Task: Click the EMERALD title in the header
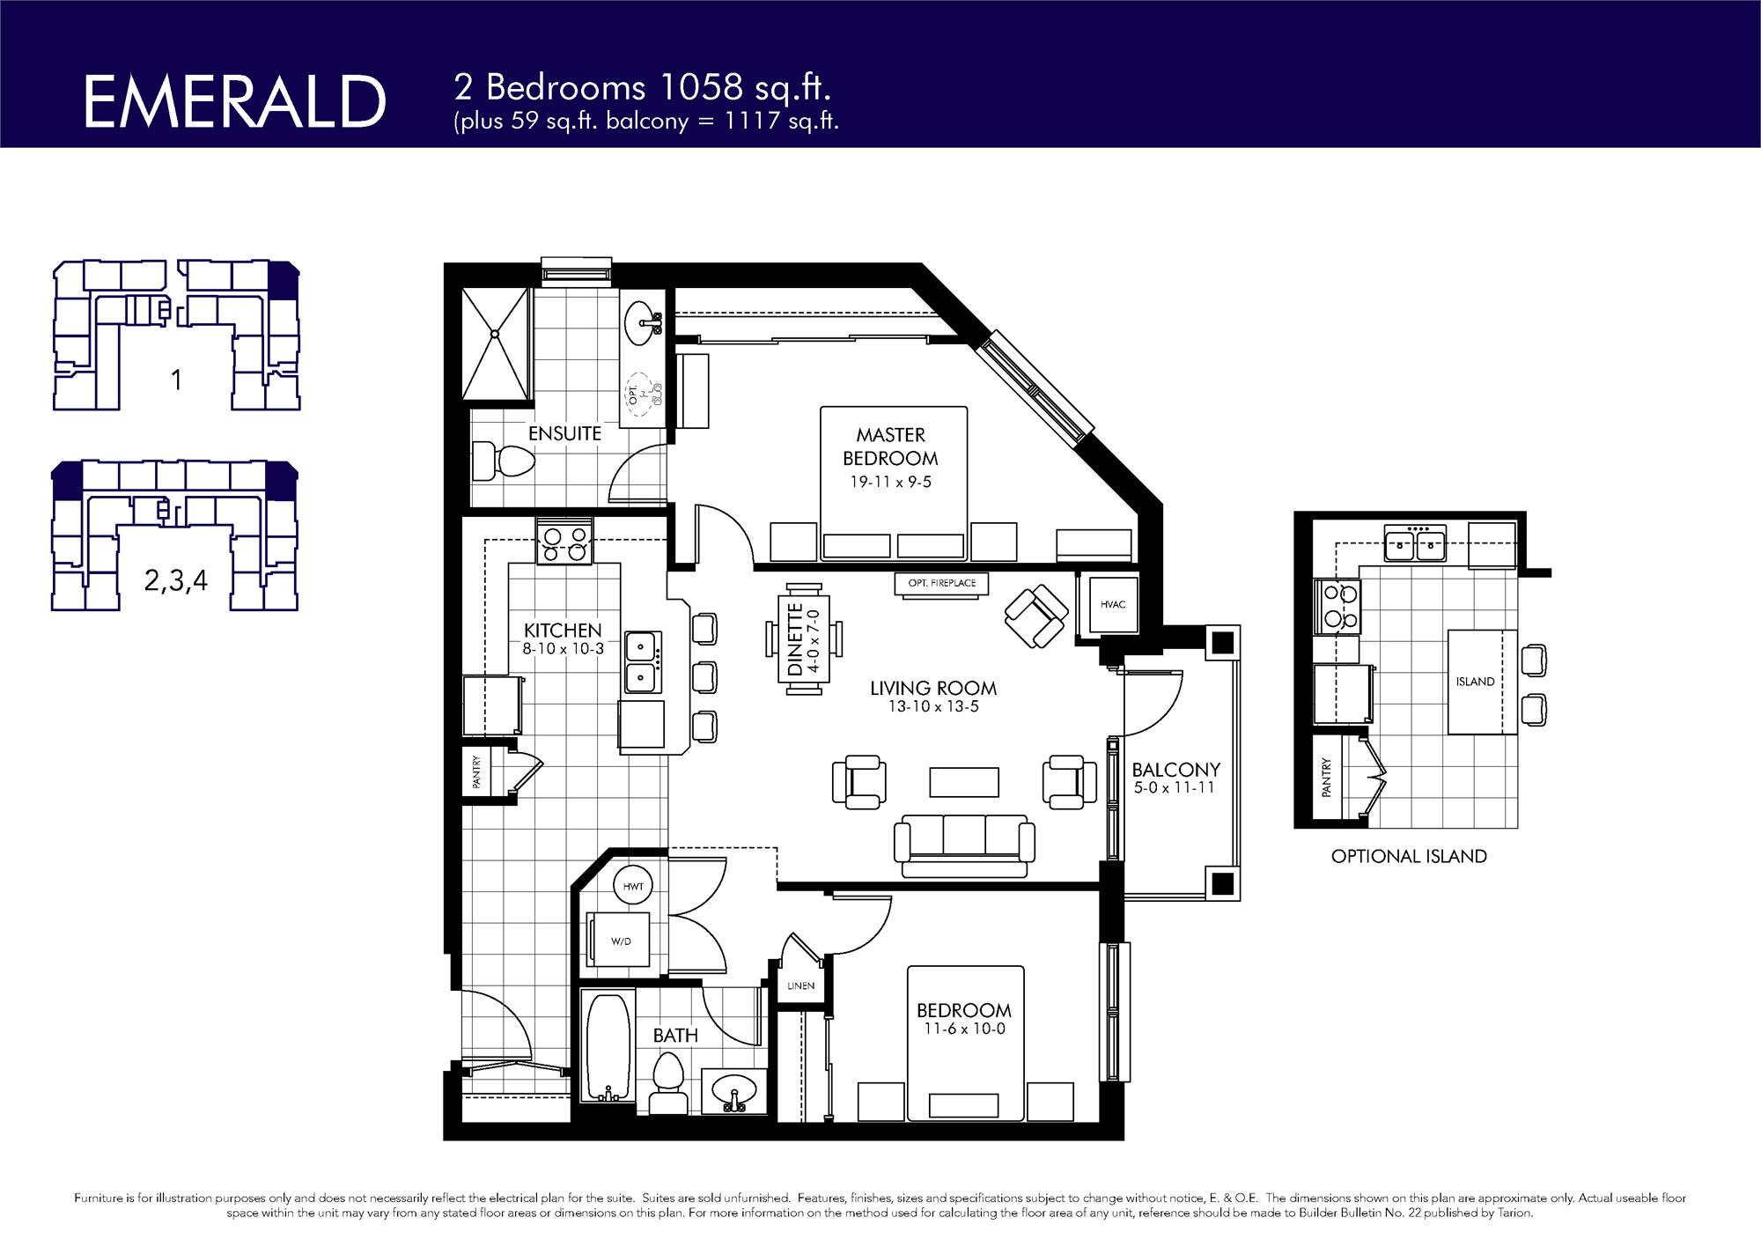(234, 102)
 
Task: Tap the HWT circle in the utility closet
(633, 887)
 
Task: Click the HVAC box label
(1113, 604)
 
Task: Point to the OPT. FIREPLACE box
(941, 583)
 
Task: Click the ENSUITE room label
(564, 433)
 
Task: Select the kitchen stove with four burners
(564, 542)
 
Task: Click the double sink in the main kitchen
(644, 662)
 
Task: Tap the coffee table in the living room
(964, 781)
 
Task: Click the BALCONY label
(1175, 770)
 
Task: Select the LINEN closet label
(800, 985)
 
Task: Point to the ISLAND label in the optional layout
(1475, 682)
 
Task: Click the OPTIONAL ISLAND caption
(1409, 856)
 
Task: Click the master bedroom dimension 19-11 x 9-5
(890, 482)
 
